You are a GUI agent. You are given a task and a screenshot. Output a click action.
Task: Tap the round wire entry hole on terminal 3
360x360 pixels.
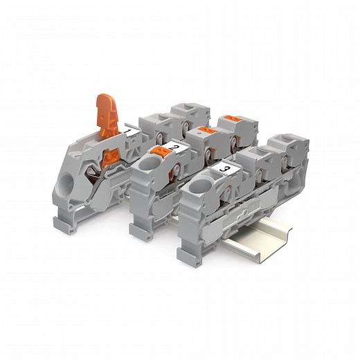pyautogui.click(x=203, y=186)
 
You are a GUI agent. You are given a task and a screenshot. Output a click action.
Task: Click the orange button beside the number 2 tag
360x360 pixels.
pyautogui.click(x=159, y=152)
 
